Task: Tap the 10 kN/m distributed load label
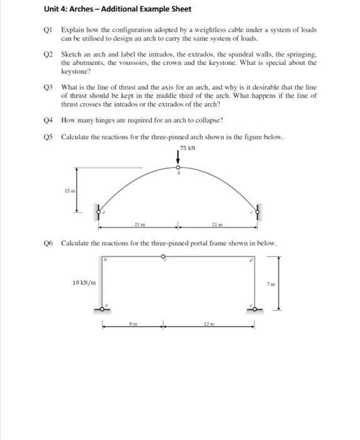(84, 283)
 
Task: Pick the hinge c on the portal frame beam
(163, 256)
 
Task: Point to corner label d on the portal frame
(250, 260)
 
